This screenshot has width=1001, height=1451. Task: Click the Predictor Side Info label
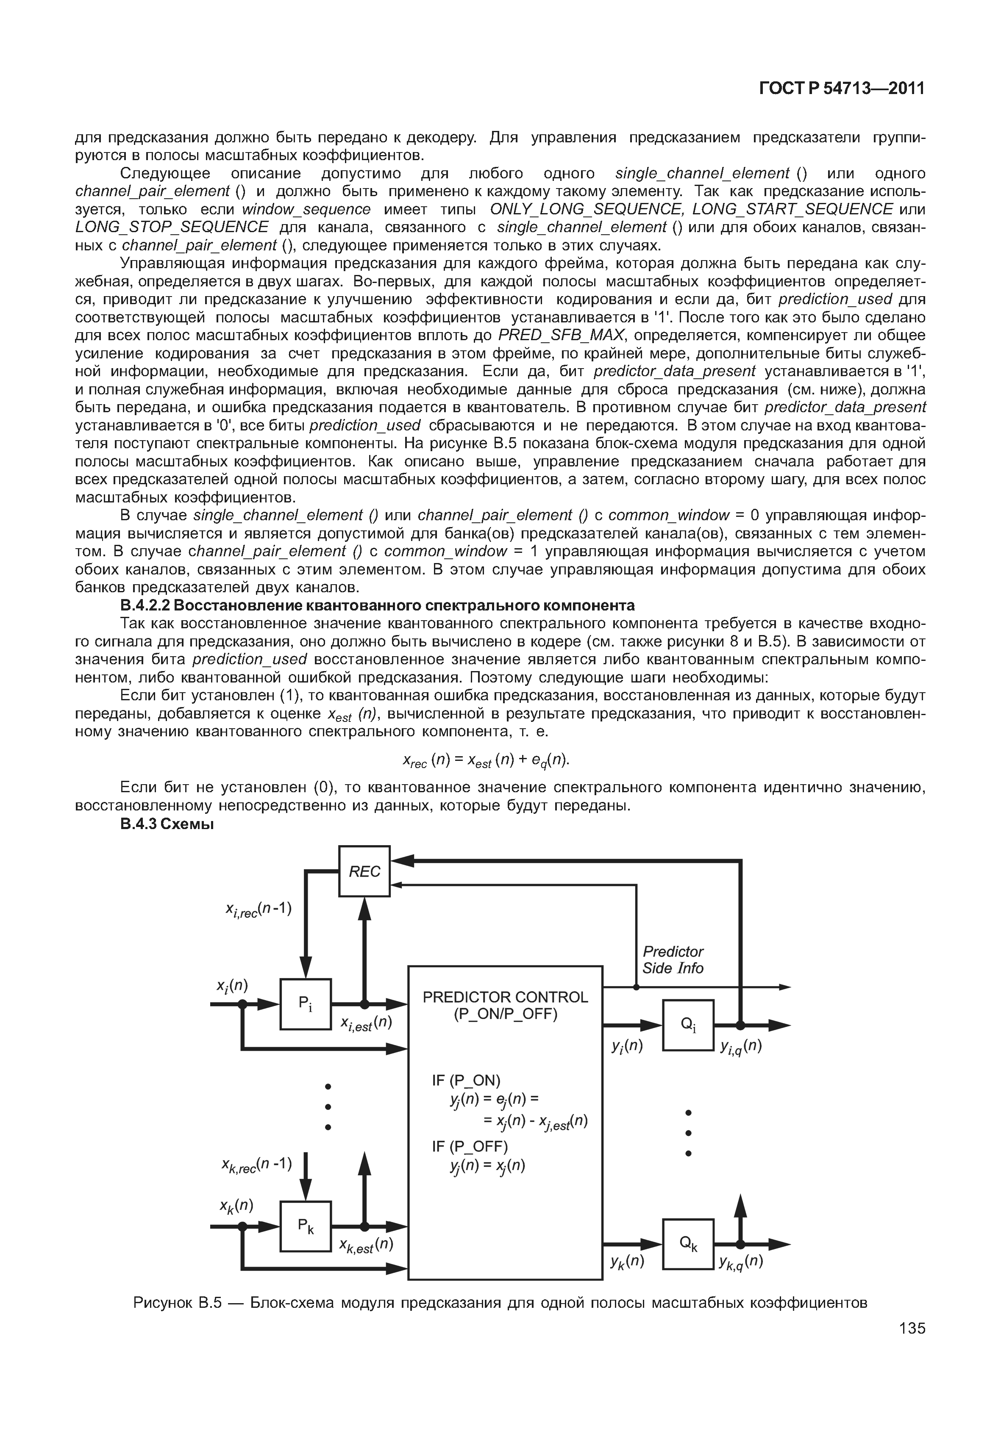(x=673, y=960)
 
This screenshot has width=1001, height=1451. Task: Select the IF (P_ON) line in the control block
(x=466, y=1080)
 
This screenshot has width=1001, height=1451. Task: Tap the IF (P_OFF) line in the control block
(x=469, y=1146)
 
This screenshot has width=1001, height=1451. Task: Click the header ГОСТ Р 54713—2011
(x=842, y=89)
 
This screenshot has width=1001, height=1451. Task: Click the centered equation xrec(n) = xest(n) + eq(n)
(x=485, y=760)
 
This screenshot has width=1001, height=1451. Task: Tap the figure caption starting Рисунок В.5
(x=500, y=1302)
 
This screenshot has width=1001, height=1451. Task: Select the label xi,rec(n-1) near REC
(x=259, y=910)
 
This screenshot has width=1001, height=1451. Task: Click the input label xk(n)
(x=236, y=1206)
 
